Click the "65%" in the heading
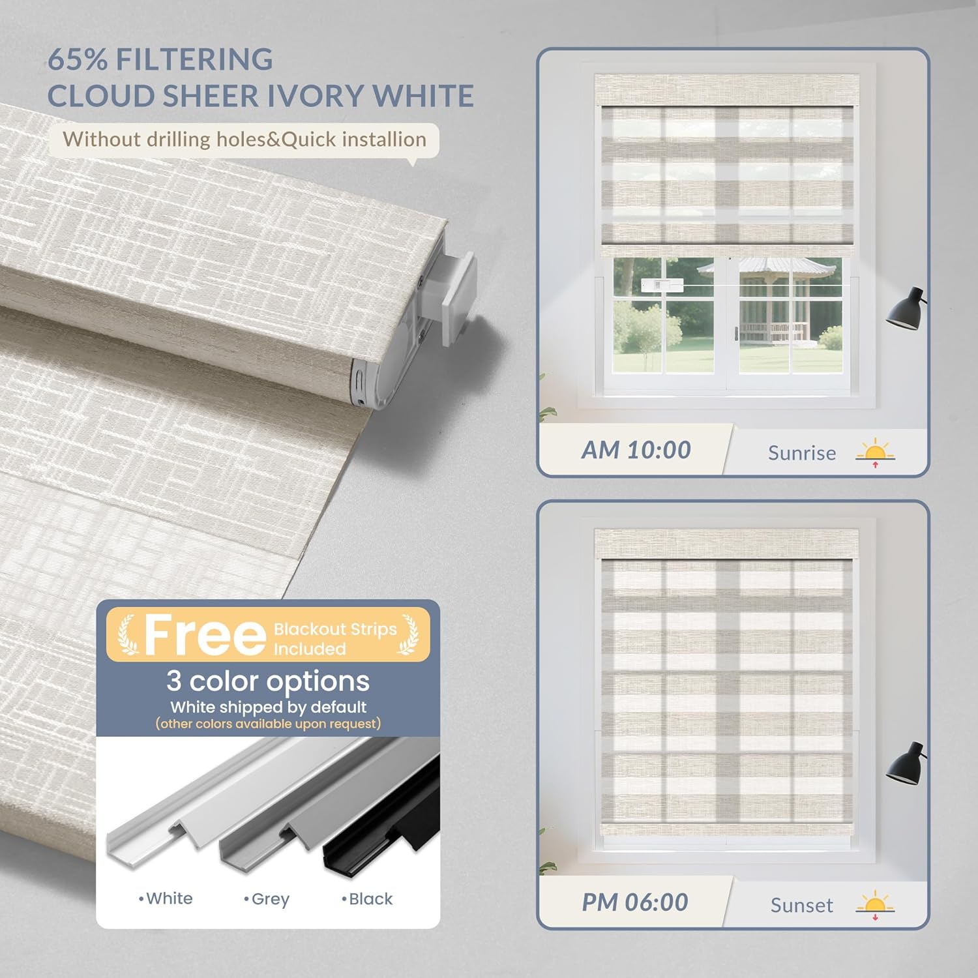[77, 60]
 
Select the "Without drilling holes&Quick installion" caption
[244, 140]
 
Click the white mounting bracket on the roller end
[456, 297]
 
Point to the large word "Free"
[204, 636]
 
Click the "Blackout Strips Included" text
[335, 638]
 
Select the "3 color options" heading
[268, 681]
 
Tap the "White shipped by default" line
[268, 707]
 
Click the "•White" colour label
[166, 898]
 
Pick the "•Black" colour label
[367, 899]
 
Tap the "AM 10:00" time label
[636, 451]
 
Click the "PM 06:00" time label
[635, 903]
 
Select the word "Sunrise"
[801, 453]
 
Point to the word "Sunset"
[801, 906]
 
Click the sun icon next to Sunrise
[875, 452]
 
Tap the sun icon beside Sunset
[875, 905]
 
